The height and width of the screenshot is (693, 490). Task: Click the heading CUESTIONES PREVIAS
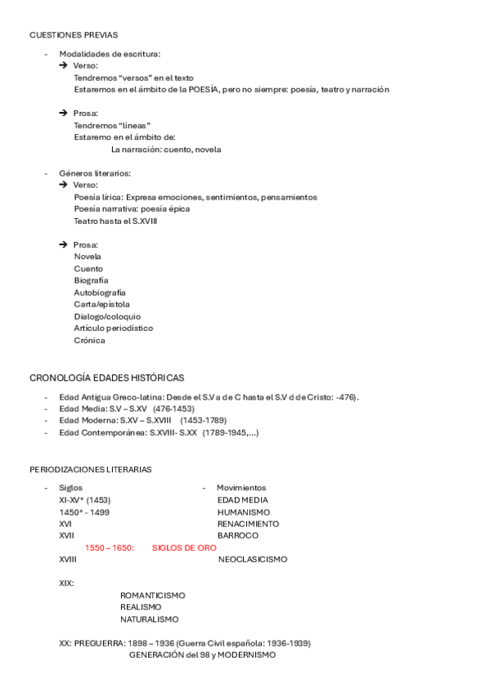(x=74, y=35)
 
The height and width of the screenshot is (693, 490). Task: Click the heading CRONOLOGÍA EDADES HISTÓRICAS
(x=106, y=378)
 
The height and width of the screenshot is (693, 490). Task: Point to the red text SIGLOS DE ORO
(x=184, y=548)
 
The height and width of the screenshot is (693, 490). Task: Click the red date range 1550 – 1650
(x=109, y=548)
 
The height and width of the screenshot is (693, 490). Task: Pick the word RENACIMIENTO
(x=248, y=523)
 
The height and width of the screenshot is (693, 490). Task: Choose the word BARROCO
(x=238, y=535)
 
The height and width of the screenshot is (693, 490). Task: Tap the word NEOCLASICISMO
(x=253, y=559)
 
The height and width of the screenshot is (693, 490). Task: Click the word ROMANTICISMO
(x=152, y=595)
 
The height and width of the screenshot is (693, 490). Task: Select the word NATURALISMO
(x=149, y=619)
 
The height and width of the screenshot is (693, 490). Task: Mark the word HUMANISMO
(x=243, y=512)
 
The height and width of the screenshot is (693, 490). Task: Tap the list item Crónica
(x=89, y=340)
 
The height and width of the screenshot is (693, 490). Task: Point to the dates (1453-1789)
(x=204, y=420)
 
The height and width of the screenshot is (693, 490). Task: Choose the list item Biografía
(x=91, y=280)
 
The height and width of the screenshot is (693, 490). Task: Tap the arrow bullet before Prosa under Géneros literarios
(x=63, y=244)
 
